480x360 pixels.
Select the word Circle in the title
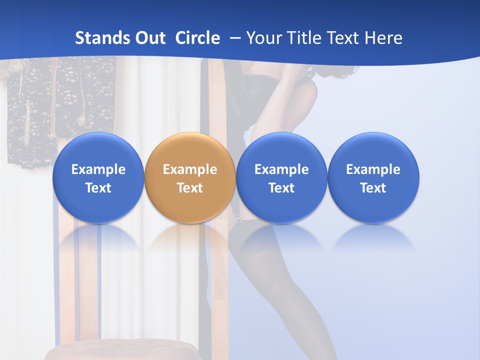(197, 38)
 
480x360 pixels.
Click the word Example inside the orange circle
(190, 169)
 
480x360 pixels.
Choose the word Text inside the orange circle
(190, 188)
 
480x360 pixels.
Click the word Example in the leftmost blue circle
(98, 169)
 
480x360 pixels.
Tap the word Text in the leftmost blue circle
(98, 188)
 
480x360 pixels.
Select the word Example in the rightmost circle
(373, 169)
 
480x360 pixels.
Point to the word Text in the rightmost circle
(373, 188)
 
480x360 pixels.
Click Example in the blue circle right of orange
(281, 169)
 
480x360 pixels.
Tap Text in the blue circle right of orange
(281, 188)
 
